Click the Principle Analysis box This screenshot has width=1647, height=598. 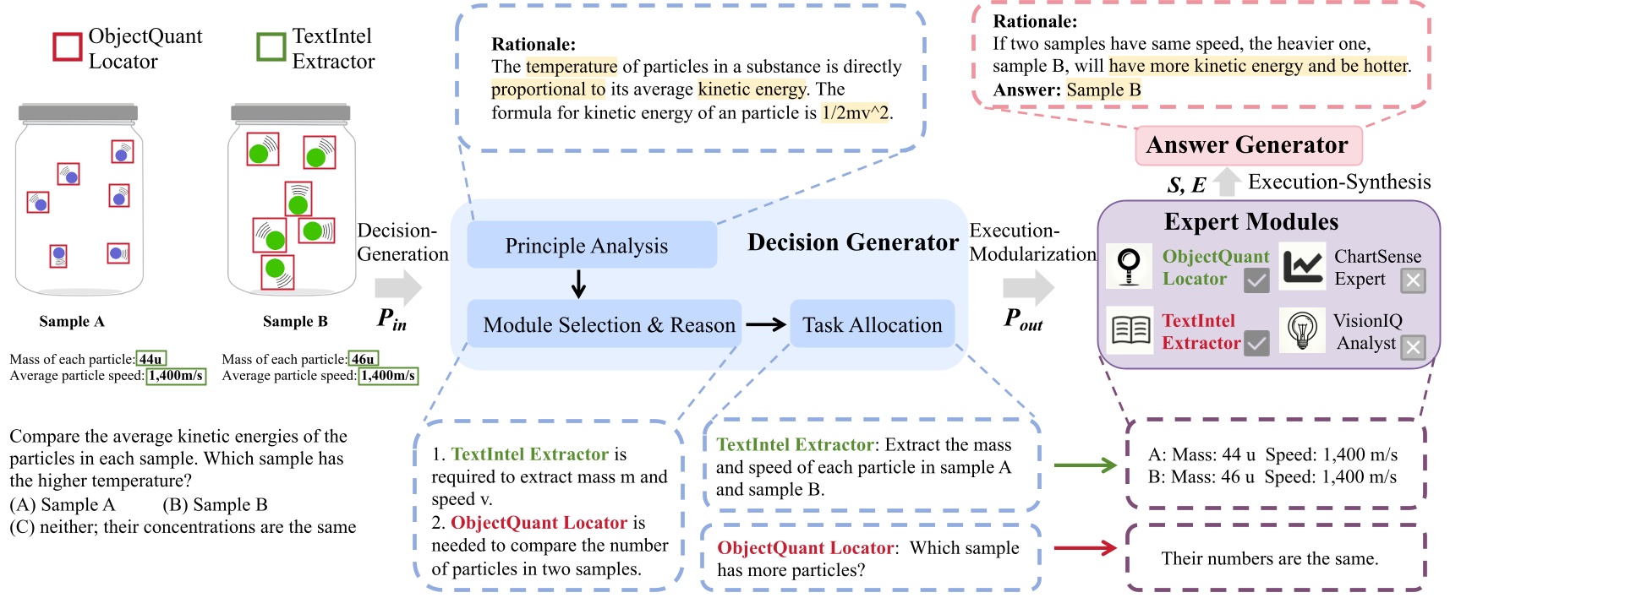(591, 245)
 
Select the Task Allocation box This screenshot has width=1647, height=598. (872, 324)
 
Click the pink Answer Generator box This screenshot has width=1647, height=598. (1247, 145)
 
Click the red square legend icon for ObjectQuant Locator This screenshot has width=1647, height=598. (68, 47)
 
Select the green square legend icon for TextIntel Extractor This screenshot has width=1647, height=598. (271, 47)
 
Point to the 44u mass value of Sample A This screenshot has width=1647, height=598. (151, 359)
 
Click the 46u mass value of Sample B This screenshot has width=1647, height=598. (364, 359)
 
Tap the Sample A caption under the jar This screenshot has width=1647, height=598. (72, 322)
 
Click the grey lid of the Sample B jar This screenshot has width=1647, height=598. (291, 112)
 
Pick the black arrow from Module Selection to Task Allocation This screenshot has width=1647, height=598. (766, 324)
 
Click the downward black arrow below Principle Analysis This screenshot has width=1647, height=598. (578, 284)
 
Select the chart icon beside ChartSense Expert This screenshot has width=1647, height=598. (1302, 266)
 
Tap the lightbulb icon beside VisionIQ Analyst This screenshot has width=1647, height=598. (1302, 330)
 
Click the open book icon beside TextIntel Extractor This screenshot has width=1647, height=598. (1130, 330)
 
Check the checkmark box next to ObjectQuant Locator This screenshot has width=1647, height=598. (1256, 280)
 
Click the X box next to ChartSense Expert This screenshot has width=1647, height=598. (1413, 280)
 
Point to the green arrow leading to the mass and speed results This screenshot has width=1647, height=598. (1086, 465)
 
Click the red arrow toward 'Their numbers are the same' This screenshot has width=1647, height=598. (1086, 548)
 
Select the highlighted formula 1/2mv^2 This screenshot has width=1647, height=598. (856, 112)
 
